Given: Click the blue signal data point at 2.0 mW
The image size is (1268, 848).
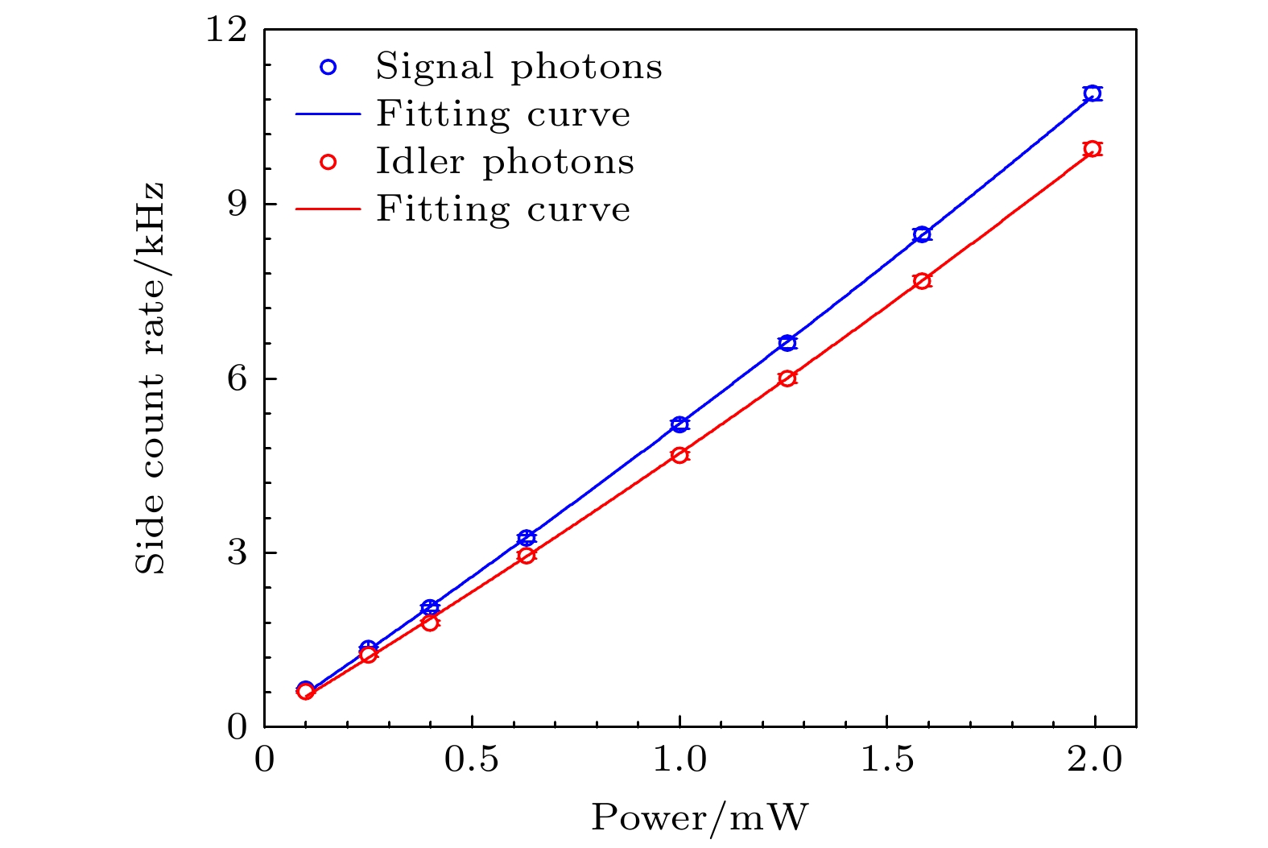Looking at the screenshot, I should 1092,93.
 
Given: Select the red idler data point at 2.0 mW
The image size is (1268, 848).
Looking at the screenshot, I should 1092,149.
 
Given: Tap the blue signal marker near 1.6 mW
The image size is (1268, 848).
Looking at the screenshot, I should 922,234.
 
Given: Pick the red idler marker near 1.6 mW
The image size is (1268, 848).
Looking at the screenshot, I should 922,281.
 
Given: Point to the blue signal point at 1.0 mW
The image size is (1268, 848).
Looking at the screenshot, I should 679,424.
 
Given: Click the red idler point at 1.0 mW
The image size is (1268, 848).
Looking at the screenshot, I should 679,455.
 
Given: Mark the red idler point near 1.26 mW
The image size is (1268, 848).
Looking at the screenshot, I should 787,378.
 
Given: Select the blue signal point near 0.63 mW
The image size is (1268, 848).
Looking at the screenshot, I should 527,538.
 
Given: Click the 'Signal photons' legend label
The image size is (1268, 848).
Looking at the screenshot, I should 518,67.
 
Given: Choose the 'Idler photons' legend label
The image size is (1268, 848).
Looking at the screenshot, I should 505,162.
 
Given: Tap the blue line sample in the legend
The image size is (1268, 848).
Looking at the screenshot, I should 328,114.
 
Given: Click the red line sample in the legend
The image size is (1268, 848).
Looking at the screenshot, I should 328,209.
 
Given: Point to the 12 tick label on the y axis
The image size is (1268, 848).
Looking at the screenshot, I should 225,30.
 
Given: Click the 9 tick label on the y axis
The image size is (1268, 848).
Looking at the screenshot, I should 236,205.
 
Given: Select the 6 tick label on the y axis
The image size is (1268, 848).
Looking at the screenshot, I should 236,378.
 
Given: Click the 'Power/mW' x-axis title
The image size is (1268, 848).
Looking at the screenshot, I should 700,818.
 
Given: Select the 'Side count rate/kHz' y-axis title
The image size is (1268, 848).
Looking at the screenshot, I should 150,378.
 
